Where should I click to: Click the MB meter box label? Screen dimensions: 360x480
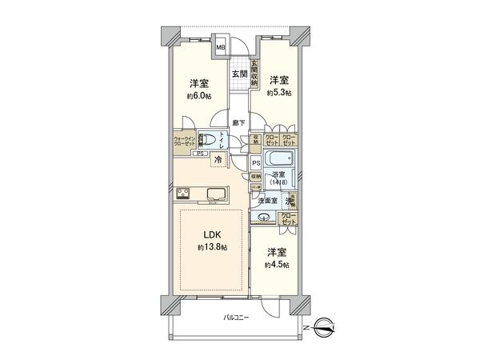222,46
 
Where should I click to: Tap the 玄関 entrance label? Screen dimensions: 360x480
239,74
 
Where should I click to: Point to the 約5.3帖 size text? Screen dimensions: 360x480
279,94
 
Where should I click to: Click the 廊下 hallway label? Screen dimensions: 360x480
238,122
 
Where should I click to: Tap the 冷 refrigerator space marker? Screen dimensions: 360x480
218,160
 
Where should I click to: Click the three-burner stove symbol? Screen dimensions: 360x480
182,193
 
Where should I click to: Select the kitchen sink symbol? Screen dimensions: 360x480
217,193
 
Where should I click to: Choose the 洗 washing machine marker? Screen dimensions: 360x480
293,202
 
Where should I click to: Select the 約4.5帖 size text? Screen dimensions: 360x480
278,264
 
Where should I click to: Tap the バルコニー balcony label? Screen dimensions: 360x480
236,318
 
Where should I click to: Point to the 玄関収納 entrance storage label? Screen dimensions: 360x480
254,73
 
